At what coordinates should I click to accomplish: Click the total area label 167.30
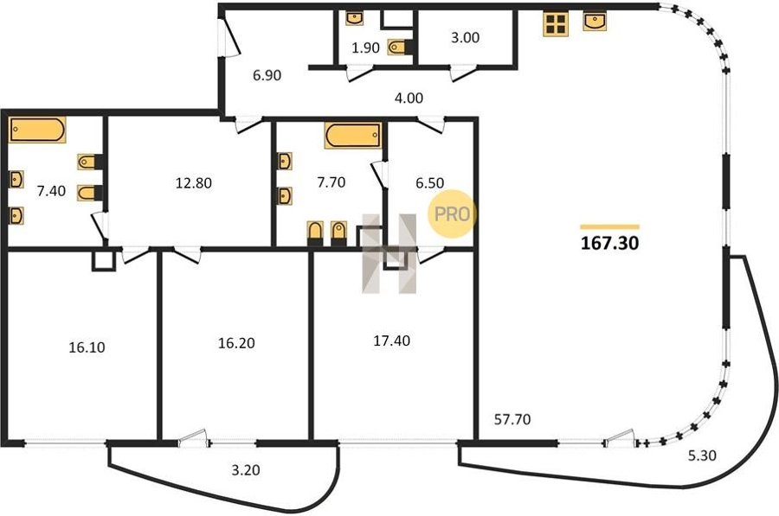pyautogui.click(x=610, y=243)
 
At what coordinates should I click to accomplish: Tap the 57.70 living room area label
pyautogui.click(x=512, y=420)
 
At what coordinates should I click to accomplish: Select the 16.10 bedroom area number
pyautogui.click(x=87, y=347)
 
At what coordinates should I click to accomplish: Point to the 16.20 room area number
pyautogui.click(x=236, y=343)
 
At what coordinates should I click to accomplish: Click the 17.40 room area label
pyautogui.click(x=392, y=341)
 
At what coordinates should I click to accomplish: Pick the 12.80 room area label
pyautogui.click(x=194, y=183)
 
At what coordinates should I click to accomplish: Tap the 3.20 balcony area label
pyautogui.click(x=246, y=469)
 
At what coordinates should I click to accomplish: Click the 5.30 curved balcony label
pyautogui.click(x=702, y=455)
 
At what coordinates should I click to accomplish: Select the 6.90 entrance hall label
pyautogui.click(x=267, y=75)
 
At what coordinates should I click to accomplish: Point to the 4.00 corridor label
pyautogui.click(x=409, y=99)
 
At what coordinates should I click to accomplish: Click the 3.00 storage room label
pyautogui.click(x=465, y=38)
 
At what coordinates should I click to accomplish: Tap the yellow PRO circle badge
pyautogui.click(x=452, y=213)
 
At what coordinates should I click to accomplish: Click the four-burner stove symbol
pyautogui.click(x=556, y=23)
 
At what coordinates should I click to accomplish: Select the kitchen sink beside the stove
pyautogui.click(x=594, y=22)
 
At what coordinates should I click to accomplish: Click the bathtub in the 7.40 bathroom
pyautogui.click(x=37, y=130)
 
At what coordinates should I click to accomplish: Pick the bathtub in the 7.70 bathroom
pyautogui.click(x=353, y=136)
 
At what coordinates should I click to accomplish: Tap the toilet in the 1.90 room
pyautogui.click(x=400, y=48)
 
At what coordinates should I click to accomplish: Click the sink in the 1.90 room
pyautogui.click(x=354, y=18)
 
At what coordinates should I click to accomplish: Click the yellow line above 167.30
pyautogui.click(x=610, y=227)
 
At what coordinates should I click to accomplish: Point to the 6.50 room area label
pyautogui.click(x=429, y=183)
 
